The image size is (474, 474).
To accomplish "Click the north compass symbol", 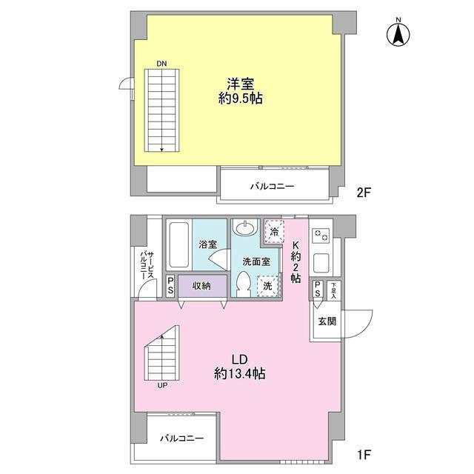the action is pyautogui.click(x=398, y=35).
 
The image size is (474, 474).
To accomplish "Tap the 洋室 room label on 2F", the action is pyautogui.click(x=240, y=84).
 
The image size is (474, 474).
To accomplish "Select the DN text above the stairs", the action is pyautogui.click(x=161, y=64).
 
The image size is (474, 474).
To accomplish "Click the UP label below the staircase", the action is pyautogui.click(x=162, y=385).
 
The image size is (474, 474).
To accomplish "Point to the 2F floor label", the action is pyautogui.click(x=364, y=193).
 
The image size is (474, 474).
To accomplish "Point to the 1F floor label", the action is pyautogui.click(x=364, y=454).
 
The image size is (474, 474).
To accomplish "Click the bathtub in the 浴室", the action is pyautogui.click(x=178, y=244).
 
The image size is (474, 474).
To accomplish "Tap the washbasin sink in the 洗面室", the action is pyautogui.click(x=246, y=228).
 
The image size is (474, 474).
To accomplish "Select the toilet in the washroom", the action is pyautogui.click(x=244, y=284).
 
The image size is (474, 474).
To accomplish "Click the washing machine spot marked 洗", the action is pyautogui.click(x=268, y=286).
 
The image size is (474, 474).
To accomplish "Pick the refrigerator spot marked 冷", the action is pyautogui.click(x=274, y=232).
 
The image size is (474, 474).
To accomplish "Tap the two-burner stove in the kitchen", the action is pyautogui.click(x=321, y=235).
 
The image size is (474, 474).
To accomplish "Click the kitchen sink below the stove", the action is pyautogui.click(x=321, y=263).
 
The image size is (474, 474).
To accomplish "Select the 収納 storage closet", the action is pyautogui.click(x=202, y=286).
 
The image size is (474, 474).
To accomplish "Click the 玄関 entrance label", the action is pyautogui.click(x=327, y=321).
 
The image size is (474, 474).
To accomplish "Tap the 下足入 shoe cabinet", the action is pyautogui.click(x=334, y=290).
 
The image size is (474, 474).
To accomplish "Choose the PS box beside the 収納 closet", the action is pyautogui.click(x=170, y=286).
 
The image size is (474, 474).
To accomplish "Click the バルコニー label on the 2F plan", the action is pyautogui.click(x=272, y=186).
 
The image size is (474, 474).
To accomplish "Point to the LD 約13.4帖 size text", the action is pyautogui.click(x=240, y=367).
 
